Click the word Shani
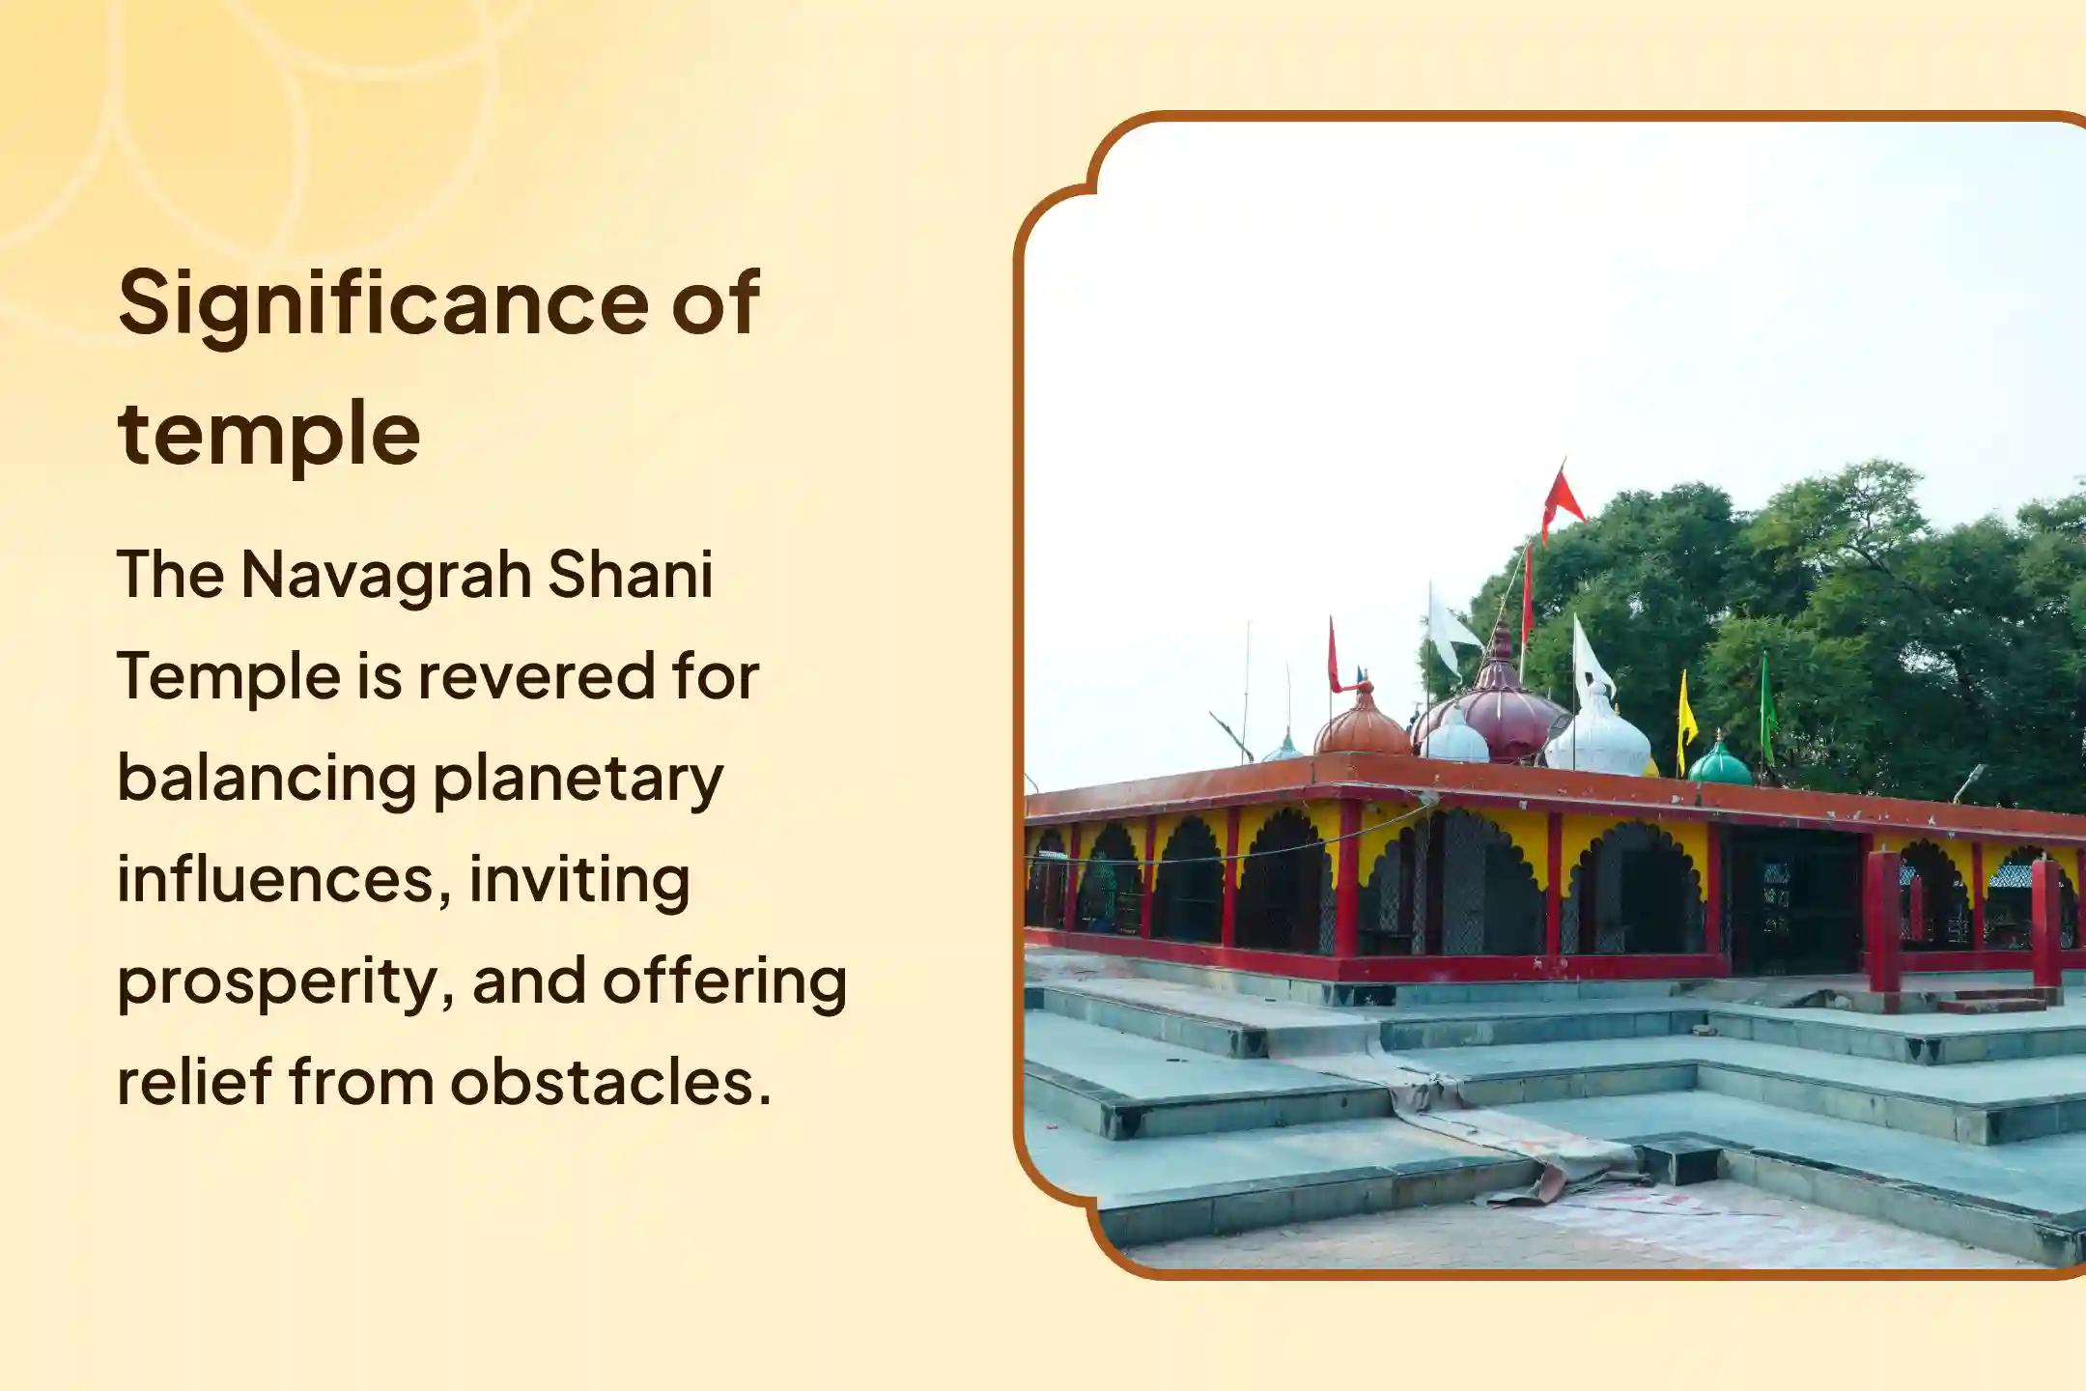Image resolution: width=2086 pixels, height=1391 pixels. pos(630,575)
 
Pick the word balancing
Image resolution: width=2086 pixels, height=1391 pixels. pos(267,780)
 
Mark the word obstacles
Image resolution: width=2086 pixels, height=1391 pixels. pos(610,1082)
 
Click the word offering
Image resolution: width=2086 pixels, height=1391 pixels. pos(724,981)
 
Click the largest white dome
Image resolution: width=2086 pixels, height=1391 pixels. pos(1598,739)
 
